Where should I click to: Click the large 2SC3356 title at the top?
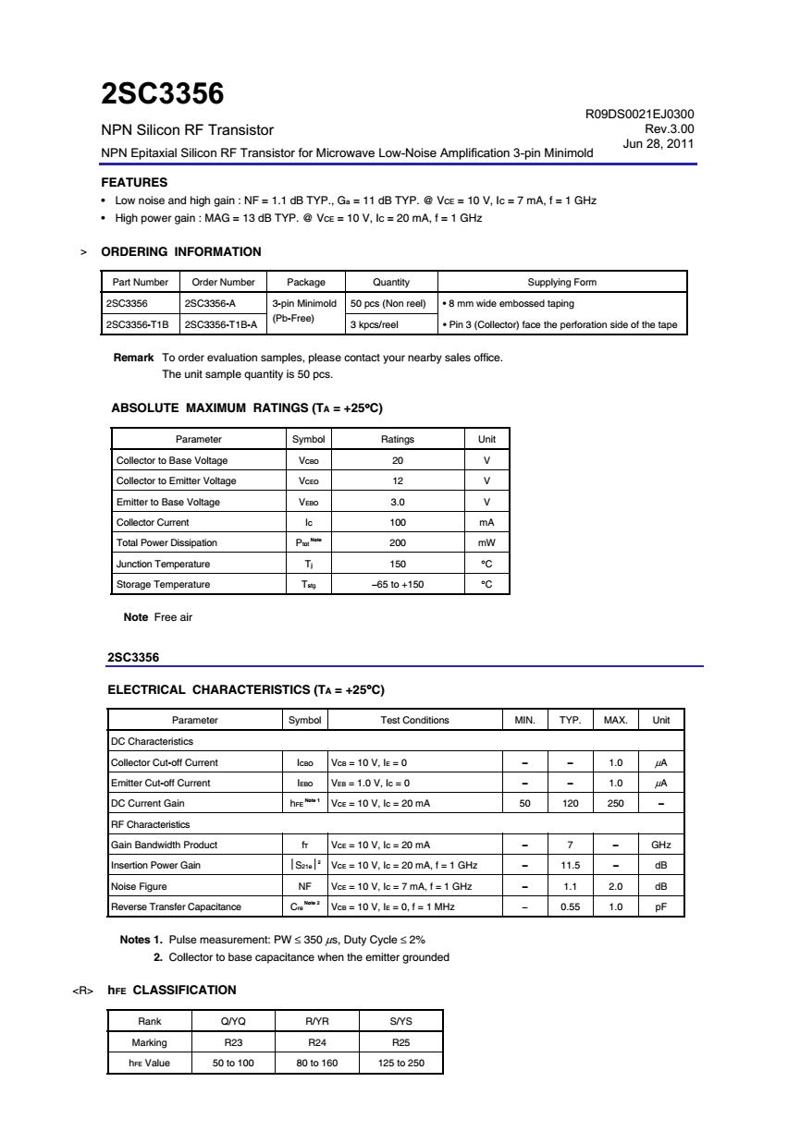point(162,94)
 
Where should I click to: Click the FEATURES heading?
point(133,182)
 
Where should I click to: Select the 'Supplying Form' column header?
point(561,282)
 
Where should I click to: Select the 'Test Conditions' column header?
point(414,720)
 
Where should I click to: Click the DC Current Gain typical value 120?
point(570,803)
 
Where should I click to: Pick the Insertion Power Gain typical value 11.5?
point(570,865)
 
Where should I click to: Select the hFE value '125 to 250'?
point(401,1063)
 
